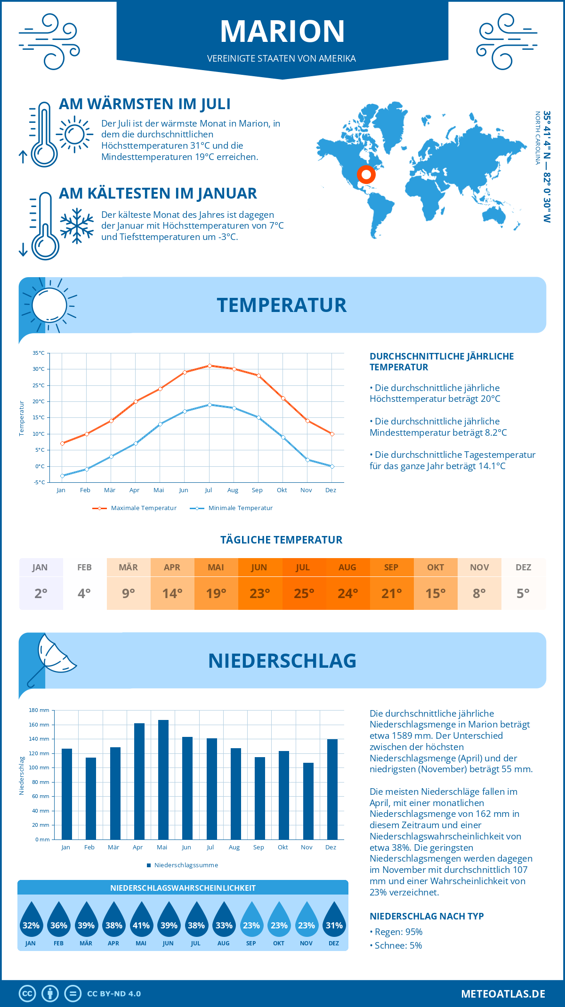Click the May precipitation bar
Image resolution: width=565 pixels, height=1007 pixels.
click(163, 780)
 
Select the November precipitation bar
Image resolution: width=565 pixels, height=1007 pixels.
click(308, 801)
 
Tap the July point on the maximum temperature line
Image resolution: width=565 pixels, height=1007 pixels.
click(210, 366)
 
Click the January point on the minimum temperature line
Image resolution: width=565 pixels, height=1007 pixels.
click(62, 476)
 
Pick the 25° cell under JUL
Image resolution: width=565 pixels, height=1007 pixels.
click(304, 593)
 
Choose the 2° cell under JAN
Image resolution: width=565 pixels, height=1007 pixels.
click(41, 593)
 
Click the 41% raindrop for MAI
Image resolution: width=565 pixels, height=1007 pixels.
click(141, 920)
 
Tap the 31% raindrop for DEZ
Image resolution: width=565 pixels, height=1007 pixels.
click(334, 920)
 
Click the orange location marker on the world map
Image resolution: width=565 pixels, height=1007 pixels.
click(366, 174)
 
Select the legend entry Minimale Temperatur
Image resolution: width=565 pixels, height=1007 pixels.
click(232, 508)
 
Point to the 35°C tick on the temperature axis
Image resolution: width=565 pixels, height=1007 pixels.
click(39, 353)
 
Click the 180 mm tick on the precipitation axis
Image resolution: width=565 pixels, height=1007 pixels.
click(40, 710)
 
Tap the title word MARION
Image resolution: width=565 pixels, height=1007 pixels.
click(282, 31)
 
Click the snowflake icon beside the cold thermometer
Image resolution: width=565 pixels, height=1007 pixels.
click(77, 226)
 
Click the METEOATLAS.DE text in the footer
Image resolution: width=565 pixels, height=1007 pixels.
click(503, 994)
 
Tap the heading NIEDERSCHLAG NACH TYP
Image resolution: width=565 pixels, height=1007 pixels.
click(427, 916)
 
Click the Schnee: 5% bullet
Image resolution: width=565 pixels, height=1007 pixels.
click(396, 945)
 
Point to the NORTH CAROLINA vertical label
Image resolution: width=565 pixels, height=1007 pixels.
click(537, 138)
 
